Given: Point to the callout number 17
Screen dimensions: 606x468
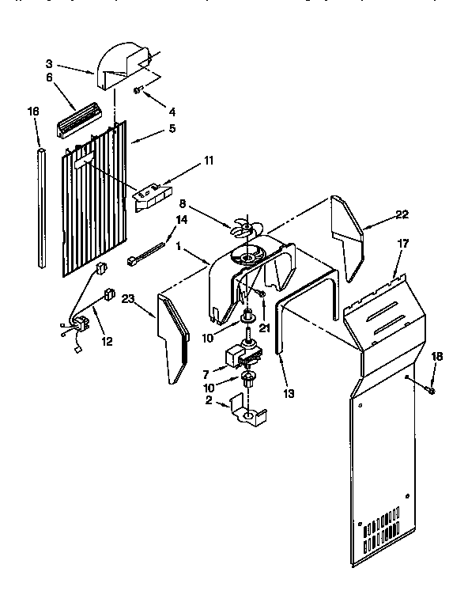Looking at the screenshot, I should (x=402, y=244).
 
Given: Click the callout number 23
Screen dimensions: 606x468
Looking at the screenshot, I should (x=128, y=299).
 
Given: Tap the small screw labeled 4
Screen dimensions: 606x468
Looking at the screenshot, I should (x=138, y=92).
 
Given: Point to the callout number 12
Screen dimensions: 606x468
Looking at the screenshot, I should (x=106, y=342).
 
